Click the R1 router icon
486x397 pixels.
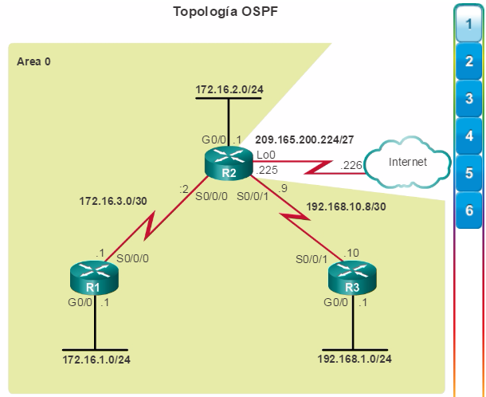(94, 277)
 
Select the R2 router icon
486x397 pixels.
(229, 163)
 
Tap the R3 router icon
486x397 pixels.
(352, 277)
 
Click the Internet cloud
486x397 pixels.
(408, 162)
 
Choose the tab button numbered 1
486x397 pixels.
(468, 24)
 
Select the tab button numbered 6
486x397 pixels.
(469, 210)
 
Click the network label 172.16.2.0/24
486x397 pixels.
(229, 89)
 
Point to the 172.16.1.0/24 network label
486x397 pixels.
(96, 360)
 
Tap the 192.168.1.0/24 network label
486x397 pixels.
(355, 359)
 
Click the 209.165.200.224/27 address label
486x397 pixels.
(304, 140)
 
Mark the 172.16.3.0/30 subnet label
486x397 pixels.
(113, 202)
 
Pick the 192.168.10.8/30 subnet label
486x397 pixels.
(346, 207)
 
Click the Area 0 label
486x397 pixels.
(33, 61)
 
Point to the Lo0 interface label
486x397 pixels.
(266, 155)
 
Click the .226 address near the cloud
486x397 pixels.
(351, 165)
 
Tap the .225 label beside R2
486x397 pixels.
(267, 170)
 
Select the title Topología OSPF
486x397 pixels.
(225, 12)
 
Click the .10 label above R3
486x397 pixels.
(351, 253)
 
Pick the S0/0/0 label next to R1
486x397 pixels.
(133, 258)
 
